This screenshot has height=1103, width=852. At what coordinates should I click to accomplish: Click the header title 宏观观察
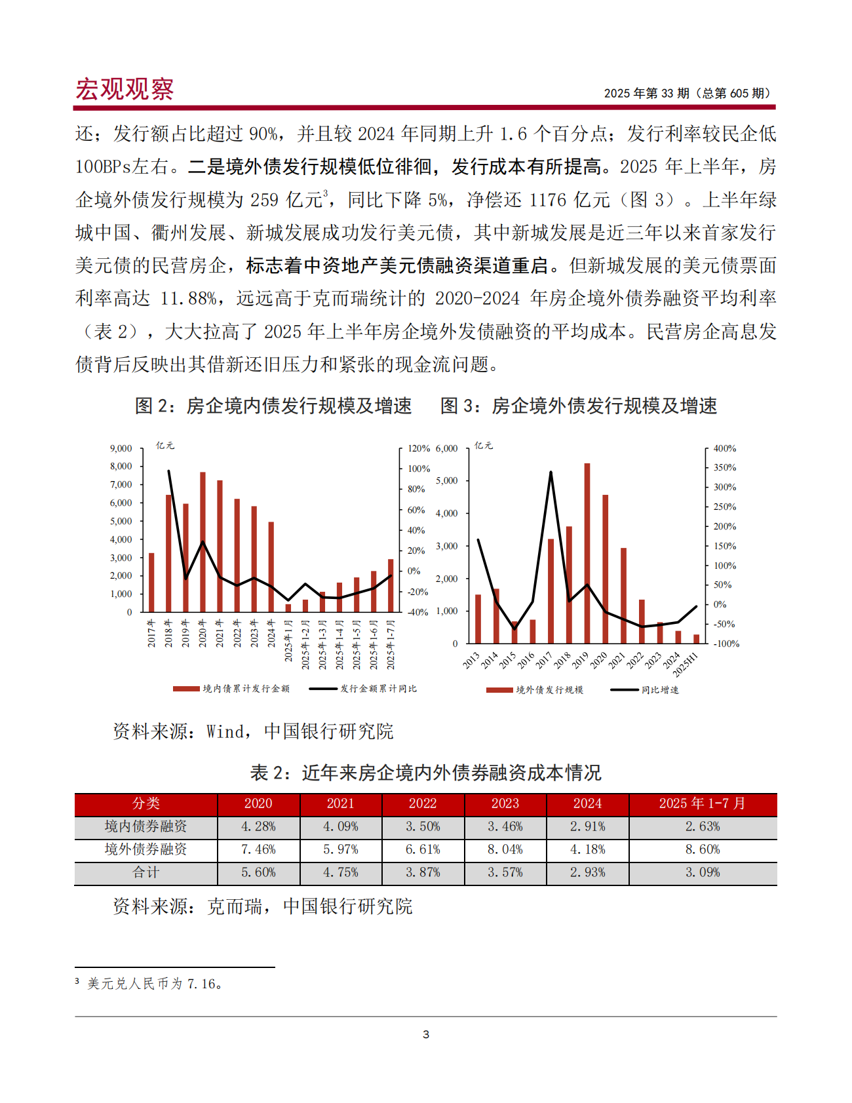click(125, 89)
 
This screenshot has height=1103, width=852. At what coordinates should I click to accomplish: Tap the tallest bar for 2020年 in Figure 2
click(203, 542)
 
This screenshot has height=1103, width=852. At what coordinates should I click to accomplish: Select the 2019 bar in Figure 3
click(587, 553)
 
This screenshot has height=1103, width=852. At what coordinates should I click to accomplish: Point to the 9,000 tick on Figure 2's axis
click(121, 448)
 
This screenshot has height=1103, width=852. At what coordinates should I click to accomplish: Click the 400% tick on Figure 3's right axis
click(724, 448)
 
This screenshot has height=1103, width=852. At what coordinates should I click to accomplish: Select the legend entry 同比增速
click(659, 690)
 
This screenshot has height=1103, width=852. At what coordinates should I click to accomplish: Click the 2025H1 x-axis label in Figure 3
click(687, 663)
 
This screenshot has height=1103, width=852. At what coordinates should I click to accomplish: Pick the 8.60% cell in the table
click(703, 849)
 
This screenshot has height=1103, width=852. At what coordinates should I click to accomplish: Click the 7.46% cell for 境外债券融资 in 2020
click(258, 849)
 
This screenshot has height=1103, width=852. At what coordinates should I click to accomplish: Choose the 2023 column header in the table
click(505, 803)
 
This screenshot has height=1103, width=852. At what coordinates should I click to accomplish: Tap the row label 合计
click(145, 872)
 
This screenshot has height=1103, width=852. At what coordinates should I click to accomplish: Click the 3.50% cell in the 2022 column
click(423, 826)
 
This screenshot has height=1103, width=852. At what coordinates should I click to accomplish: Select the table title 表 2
click(425, 773)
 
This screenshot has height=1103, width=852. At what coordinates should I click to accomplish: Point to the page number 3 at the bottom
click(426, 1035)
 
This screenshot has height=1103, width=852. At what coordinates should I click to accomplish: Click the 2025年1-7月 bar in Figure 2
click(391, 585)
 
